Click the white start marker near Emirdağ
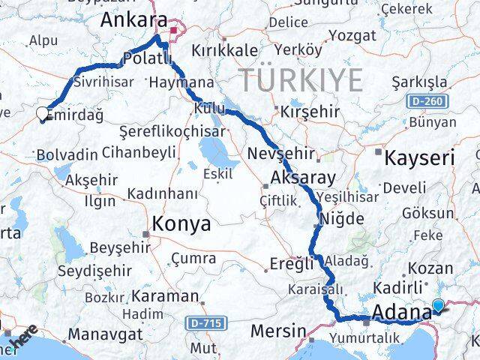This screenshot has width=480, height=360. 41,114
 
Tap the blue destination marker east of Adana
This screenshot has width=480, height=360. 438,305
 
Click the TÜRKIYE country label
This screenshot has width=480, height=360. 300,79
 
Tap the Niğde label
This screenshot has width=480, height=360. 342,219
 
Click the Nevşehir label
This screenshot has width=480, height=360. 280,154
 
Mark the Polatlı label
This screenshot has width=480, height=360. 147,58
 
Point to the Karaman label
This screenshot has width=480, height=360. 171,295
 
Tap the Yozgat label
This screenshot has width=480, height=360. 347,35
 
